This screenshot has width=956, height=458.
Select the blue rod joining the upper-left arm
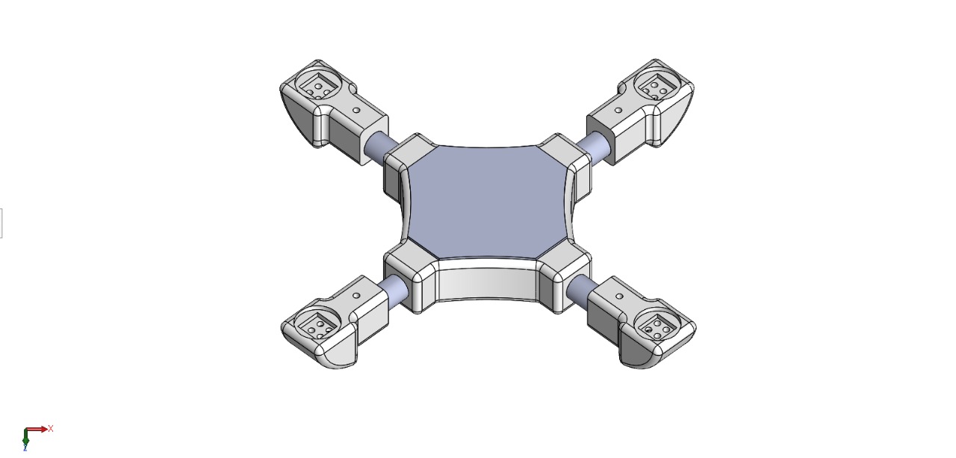(378, 146)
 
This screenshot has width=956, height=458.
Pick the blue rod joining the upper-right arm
(596, 146)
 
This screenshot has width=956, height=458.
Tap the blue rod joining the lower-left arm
(394, 288)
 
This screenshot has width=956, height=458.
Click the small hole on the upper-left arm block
(356, 110)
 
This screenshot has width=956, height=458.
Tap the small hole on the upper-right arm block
(618, 110)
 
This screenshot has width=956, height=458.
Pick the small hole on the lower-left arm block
(356, 296)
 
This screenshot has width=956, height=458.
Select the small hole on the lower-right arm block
(618, 296)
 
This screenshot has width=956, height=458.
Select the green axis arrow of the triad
(25, 440)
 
